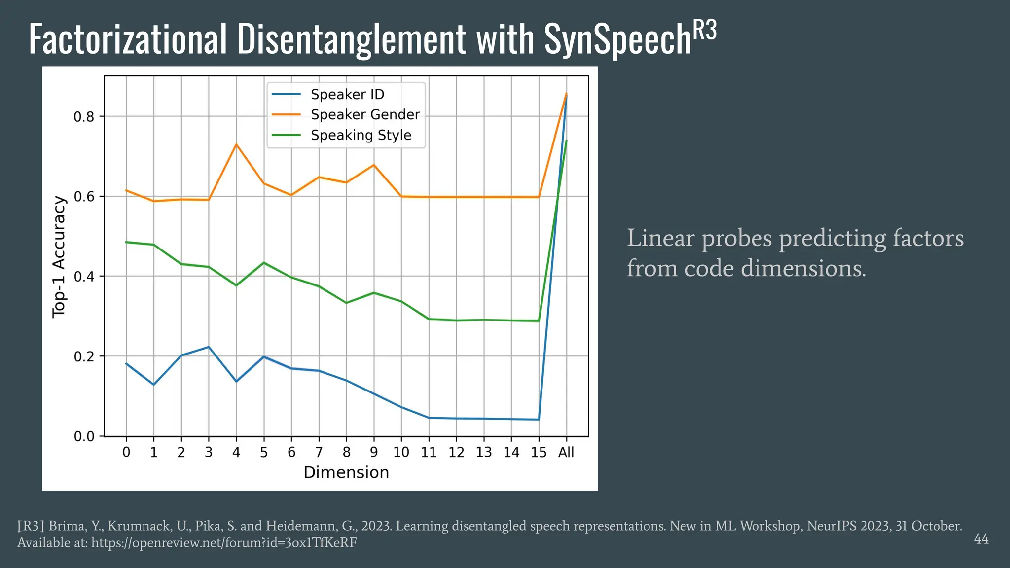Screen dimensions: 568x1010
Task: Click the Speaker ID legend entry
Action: (x=347, y=94)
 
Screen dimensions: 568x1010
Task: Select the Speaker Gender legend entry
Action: (x=365, y=114)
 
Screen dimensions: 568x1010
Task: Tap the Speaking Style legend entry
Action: (x=361, y=135)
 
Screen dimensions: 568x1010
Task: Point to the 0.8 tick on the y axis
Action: (x=83, y=117)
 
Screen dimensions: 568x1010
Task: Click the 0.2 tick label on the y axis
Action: (x=83, y=356)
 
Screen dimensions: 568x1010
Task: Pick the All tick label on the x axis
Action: (x=566, y=452)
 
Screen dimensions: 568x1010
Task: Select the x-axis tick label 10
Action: (x=401, y=452)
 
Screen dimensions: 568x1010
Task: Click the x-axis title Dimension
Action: (x=346, y=472)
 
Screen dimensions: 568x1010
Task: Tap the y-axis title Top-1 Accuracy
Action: (x=59, y=257)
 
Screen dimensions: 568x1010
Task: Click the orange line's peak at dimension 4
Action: (x=236, y=144)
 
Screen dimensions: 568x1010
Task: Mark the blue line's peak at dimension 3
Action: (x=209, y=347)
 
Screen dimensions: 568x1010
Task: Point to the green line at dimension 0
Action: (x=126, y=242)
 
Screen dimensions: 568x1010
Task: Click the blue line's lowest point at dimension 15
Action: (x=539, y=420)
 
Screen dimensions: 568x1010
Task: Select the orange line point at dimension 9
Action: (x=374, y=165)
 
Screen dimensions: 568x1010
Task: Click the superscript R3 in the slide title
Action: (x=705, y=31)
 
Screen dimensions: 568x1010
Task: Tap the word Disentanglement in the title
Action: (x=351, y=39)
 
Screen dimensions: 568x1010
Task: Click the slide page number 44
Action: (x=981, y=539)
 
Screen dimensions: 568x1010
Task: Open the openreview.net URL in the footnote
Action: (x=224, y=543)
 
